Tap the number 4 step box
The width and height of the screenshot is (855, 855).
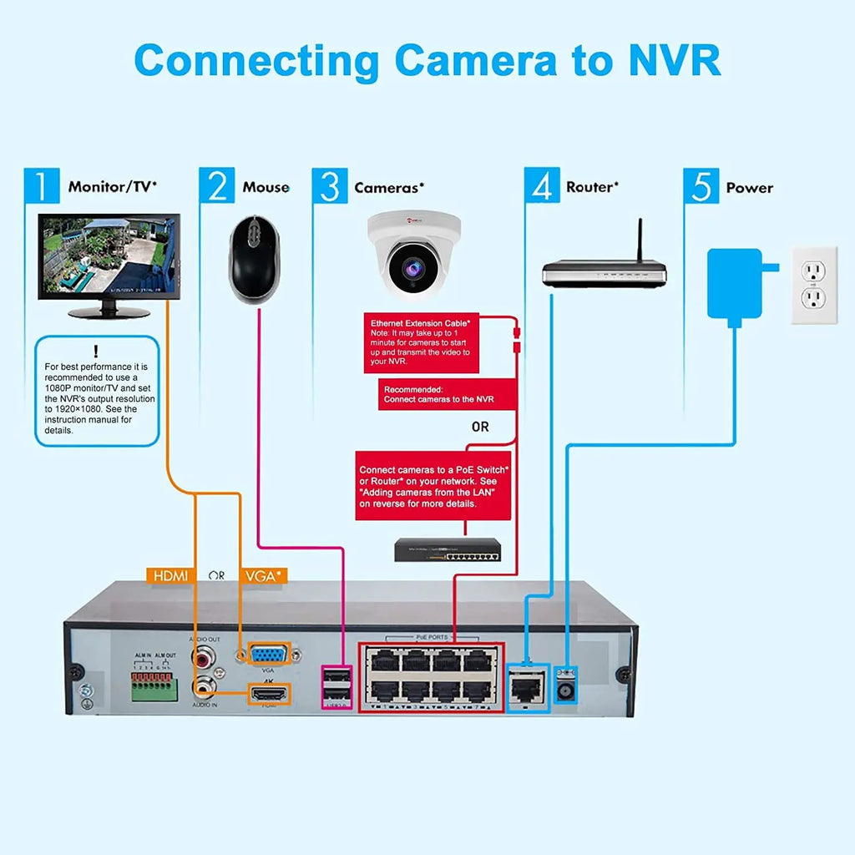point(542,186)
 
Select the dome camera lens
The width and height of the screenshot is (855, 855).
point(413,267)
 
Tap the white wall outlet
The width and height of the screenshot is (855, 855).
point(814,285)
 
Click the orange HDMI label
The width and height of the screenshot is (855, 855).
point(169,575)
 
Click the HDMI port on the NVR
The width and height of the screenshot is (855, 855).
point(268,693)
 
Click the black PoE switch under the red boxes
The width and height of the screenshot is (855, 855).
point(448,549)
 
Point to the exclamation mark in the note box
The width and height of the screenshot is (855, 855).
point(96,351)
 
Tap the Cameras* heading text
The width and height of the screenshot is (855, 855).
point(389,188)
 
